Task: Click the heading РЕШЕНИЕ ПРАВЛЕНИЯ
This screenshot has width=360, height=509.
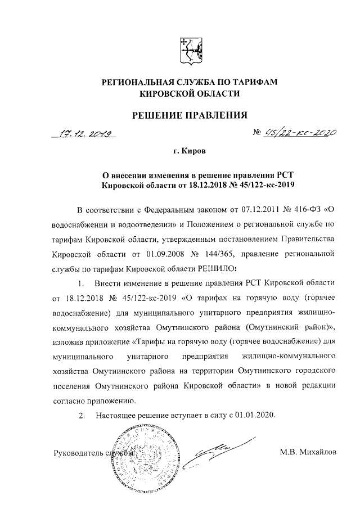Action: point(189,115)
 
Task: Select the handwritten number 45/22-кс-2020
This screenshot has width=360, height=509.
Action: point(300,133)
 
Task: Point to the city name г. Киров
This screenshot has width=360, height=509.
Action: point(189,152)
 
